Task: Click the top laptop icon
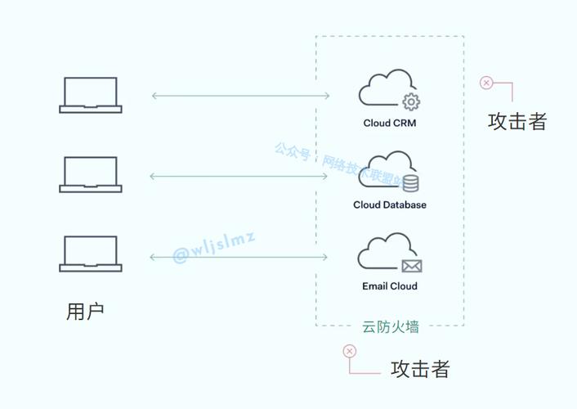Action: tap(91, 94)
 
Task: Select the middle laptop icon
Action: tap(91, 174)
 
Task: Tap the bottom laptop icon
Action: tap(91, 254)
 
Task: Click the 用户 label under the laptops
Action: tap(85, 312)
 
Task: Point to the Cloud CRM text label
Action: tap(390, 124)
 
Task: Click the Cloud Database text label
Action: tap(390, 204)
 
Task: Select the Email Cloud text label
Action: tap(390, 286)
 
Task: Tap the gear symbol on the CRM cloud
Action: tap(411, 101)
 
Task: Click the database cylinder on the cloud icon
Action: tap(410, 182)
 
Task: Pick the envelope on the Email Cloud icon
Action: tap(411, 265)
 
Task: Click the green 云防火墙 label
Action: tap(391, 326)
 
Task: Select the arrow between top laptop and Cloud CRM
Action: tap(240, 96)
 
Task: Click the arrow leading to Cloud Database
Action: tap(240, 176)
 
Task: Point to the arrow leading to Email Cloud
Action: tap(240, 257)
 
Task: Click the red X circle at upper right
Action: tap(486, 83)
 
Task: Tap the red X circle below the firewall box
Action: tap(350, 351)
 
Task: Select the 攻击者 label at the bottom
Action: tap(420, 369)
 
